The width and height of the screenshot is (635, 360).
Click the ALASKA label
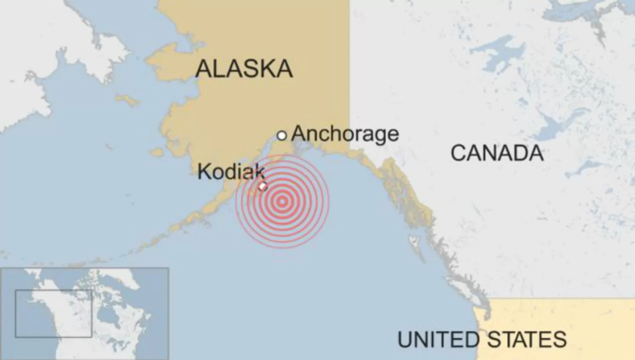244,69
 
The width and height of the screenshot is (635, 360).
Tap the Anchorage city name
345,134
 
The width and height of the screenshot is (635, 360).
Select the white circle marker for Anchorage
282,136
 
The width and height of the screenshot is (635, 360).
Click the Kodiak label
231,172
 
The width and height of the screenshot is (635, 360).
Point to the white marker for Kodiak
263,186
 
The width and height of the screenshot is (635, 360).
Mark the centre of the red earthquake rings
282,202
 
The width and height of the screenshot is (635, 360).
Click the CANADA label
497,153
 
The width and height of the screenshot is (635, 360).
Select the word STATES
527,340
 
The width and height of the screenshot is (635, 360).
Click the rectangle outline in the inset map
53,313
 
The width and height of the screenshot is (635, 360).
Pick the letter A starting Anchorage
298,134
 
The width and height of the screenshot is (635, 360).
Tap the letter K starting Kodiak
204,172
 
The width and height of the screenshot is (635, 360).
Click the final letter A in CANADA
536,153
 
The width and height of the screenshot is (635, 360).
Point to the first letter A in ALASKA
203,69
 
